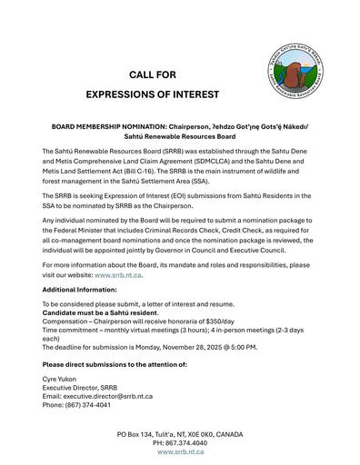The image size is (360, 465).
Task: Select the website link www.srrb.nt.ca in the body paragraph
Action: [118, 273]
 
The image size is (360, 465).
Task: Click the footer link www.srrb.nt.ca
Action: [179, 450]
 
